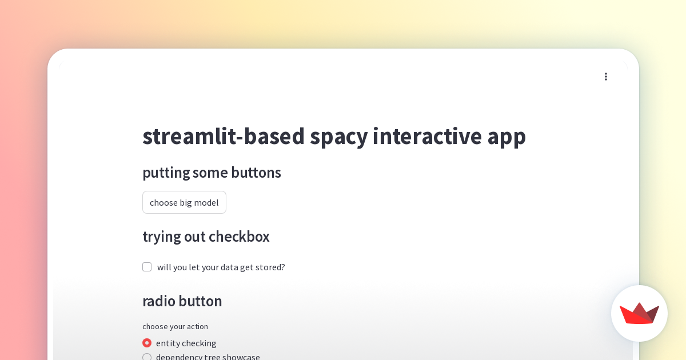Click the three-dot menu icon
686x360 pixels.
click(x=606, y=77)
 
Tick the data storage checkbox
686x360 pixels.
click(x=147, y=267)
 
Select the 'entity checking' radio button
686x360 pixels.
click(x=147, y=343)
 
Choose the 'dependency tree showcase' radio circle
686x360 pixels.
click(x=147, y=357)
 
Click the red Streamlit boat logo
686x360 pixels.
click(x=639, y=313)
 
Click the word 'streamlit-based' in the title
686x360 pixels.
click(x=223, y=136)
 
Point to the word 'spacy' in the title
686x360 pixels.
click(x=338, y=136)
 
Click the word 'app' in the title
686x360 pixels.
click(x=506, y=136)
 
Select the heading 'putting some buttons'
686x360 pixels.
click(x=212, y=173)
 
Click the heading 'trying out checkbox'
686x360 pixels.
click(x=206, y=237)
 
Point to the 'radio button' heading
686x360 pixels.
click(x=182, y=301)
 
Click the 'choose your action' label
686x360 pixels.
click(x=175, y=326)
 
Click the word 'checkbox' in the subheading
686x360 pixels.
click(x=239, y=237)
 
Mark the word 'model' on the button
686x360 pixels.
click(x=206, y=202)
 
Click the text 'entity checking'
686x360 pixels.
click(x=186, y=343)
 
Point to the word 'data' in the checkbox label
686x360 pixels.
click(x=229, y=267)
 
